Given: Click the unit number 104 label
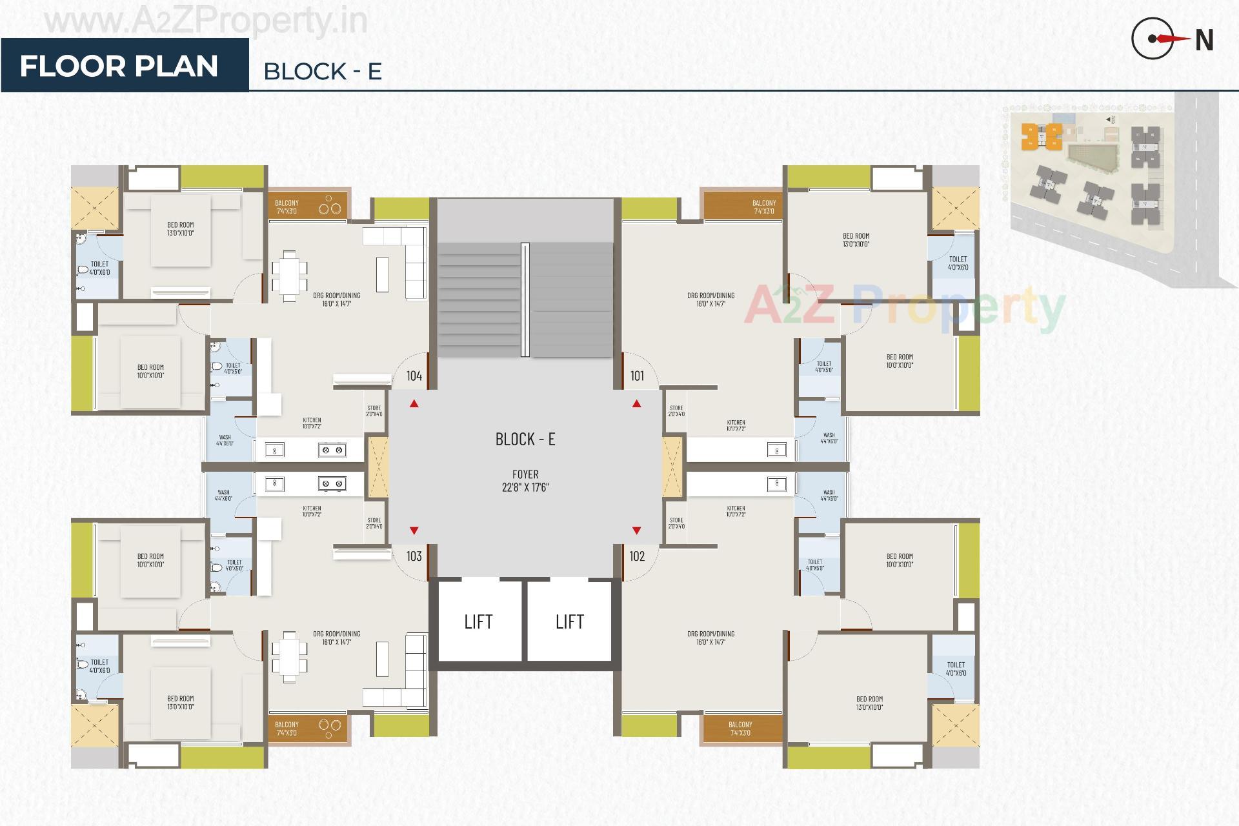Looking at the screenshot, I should [414, 376].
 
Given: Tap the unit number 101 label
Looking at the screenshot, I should [637, 376].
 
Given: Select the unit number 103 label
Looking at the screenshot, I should [414, 556].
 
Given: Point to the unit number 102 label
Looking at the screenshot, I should [637, 556].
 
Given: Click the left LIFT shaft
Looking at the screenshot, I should [478, 621].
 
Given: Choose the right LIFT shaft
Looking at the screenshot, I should [569, 621].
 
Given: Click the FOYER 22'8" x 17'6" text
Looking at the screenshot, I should [525, 481].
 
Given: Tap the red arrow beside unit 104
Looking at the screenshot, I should [414, 404].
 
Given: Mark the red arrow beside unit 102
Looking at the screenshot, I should [636, 530].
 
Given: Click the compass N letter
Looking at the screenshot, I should [1204, 41].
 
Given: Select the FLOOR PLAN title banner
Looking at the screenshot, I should [119, 66].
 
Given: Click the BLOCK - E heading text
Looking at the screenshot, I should [323, 71].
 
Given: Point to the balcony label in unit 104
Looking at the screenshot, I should [287, 206].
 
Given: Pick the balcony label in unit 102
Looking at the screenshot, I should [740, 728].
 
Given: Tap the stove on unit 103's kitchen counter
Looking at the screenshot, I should [332, 483].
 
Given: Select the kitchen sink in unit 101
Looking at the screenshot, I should [776, 450].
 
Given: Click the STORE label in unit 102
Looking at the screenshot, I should [676, 523].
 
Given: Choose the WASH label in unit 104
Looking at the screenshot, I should [224, 440].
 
